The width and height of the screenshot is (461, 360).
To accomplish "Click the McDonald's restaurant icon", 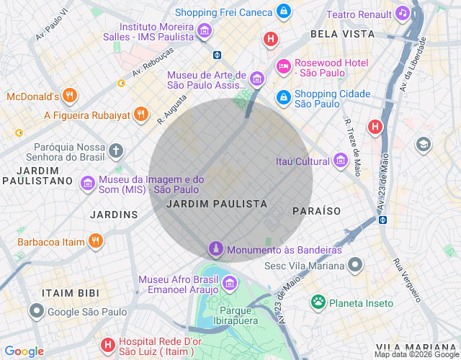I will (x=69, y=96).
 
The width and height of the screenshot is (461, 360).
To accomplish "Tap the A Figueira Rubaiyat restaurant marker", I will (x=141, y=114).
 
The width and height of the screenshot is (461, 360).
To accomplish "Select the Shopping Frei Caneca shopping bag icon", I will (x=285, y=12).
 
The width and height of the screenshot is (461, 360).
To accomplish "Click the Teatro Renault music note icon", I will (x=403, y=14).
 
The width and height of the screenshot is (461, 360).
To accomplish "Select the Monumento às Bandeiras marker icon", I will (x=215, y=250).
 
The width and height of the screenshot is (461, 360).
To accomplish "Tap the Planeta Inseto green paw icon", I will (x=318, y=302).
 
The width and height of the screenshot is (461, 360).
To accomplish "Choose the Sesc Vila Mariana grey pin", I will (x=354, y=266).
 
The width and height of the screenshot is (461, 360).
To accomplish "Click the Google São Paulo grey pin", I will (x=37, y=311).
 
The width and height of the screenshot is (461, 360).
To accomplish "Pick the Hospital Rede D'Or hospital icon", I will (x=107, y=346).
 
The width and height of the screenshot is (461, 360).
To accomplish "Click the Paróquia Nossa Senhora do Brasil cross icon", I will (x=117, y=150).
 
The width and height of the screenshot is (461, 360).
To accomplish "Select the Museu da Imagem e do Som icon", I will (x=88, y=184).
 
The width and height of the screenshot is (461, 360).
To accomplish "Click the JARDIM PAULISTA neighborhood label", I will (x=216, y=204).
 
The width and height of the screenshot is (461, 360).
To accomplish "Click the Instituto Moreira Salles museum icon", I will (x=205, y=30).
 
